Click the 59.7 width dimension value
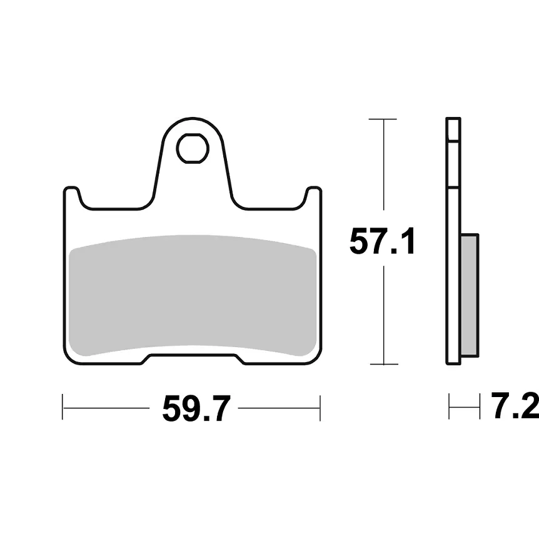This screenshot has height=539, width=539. point(196,408)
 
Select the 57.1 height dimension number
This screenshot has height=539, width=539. point(382,241)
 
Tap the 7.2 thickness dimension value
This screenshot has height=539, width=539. point(515,406)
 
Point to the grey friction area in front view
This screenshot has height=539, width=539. point(193,296)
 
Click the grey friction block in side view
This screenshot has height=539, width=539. point(469,295)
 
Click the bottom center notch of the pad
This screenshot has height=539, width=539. point(193,358)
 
